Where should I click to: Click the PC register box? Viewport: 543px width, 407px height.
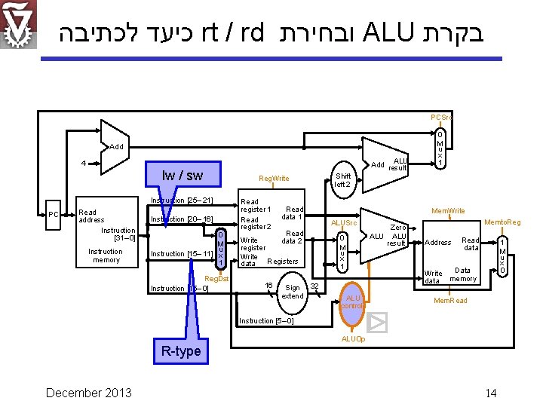pos(53,215)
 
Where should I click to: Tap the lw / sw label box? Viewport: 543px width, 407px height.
pos(182,175)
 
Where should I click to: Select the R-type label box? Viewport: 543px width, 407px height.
pos(181,350)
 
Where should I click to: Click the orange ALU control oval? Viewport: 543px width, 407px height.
pos(352,301)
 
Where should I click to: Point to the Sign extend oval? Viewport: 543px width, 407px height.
pos(292,292)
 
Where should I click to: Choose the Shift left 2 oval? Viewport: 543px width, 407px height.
pos(343,180)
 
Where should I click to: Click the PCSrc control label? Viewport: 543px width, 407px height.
pos(441,118)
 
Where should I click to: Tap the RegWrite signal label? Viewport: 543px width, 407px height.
pos(273,179)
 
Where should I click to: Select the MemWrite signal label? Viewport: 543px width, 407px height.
pos(447,211)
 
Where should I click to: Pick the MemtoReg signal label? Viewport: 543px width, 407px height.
pos(502,222)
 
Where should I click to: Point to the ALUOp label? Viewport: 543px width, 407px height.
pos(353,339)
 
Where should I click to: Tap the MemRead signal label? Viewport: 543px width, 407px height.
pos(449,300)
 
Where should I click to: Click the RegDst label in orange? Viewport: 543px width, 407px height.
pos(217,279)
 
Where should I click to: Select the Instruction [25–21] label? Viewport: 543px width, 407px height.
pos(182,200)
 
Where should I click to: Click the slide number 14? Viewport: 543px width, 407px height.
pos(490,393)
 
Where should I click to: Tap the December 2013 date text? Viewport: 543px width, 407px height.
pos(88,392)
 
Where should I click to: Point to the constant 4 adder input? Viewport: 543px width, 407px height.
pos(84,163)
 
